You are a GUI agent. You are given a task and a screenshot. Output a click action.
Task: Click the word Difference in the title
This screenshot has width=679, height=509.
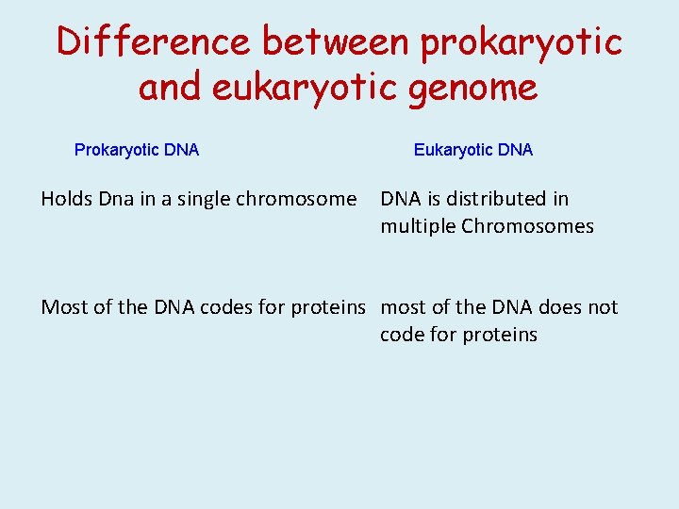point(153,41)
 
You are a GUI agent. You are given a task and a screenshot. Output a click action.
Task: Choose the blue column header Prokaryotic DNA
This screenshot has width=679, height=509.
point(137,150)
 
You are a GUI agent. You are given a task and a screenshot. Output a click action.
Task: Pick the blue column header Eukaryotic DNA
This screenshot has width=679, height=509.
point(473,150)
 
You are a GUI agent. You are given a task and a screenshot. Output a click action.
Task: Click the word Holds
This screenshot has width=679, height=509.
point(65,199)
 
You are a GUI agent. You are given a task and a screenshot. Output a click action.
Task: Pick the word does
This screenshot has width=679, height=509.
point(562,307)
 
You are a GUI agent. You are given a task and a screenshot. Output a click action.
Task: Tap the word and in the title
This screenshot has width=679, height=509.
point(170,88)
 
